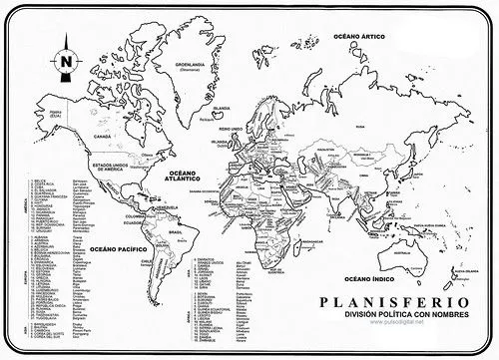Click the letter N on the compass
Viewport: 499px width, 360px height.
(x=65, y=62)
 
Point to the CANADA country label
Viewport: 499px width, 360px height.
(x=100, y=133)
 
